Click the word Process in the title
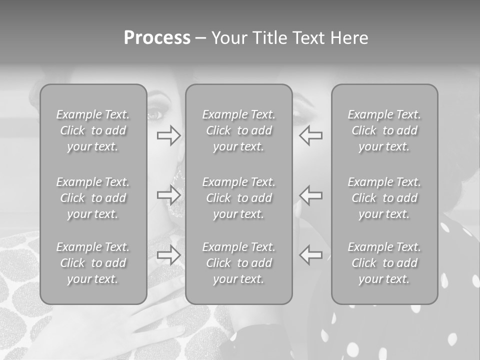pos(157,38)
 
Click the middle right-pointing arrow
pos(169,195)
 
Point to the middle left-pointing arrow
pos(311,195)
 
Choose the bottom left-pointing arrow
pos(311,255)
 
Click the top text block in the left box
pos(93,130)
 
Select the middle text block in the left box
pos(93,198)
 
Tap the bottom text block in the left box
pos(93,263)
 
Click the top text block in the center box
pos(239,130)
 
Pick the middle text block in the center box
pos(239,198)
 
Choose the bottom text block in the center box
pos(239,263)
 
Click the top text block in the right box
pos(384,130)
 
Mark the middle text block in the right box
pos(384,198)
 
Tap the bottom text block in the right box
pos(384,263)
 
